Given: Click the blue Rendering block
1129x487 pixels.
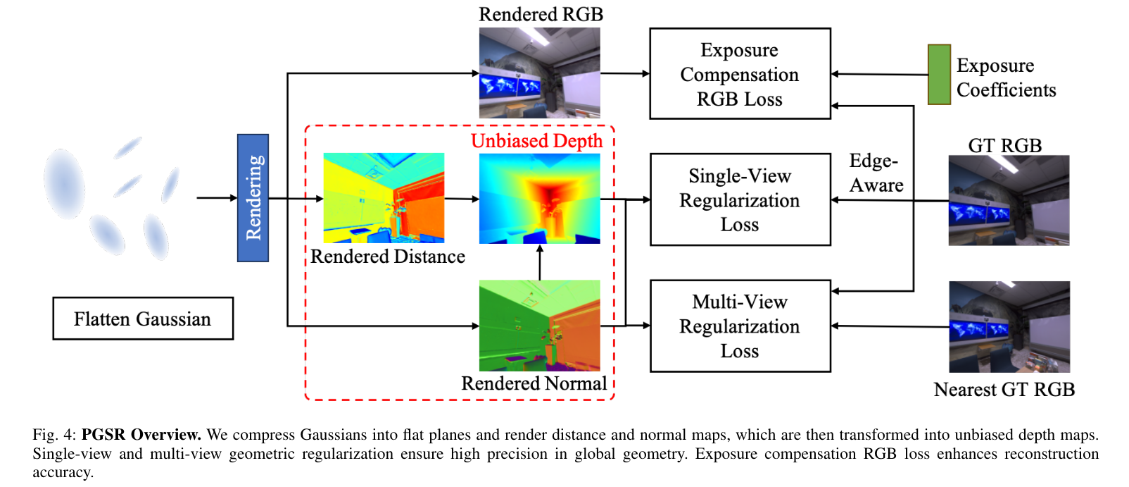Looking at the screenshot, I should click(253, 198).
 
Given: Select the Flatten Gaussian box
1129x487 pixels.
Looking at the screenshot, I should click(143, 319).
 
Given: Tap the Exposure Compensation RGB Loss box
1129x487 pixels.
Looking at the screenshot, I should click(740, 74).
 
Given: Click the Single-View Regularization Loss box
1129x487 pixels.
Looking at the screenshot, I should click(740, 199).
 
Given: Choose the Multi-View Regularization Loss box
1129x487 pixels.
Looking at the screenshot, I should click(740, 326).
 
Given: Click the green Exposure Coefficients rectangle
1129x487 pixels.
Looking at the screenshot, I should click(939, 75).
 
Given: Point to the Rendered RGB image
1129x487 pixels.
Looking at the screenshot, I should click(539, 72).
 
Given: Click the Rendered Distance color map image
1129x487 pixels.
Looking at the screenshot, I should click(384, 198).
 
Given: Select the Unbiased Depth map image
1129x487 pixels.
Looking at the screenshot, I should click(539, 199).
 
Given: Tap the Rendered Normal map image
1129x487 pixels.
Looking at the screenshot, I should click(539, 326).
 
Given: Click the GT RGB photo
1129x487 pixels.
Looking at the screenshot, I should click(1009, 200).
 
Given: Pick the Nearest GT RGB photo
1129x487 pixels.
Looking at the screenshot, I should click(1009, 327).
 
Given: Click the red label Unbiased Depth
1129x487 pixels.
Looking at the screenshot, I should click(536, 141).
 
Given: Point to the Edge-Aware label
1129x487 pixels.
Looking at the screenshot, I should click(875, 173).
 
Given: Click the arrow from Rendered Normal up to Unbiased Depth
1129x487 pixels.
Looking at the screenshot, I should click(540, 262).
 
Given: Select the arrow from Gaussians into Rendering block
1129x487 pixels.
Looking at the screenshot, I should click(217, 198).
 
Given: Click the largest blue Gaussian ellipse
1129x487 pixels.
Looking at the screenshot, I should click(65, 183).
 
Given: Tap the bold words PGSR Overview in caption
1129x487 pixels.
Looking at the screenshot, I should click(141, 434).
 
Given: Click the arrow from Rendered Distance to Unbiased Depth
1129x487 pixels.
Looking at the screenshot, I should click(462, 199).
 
